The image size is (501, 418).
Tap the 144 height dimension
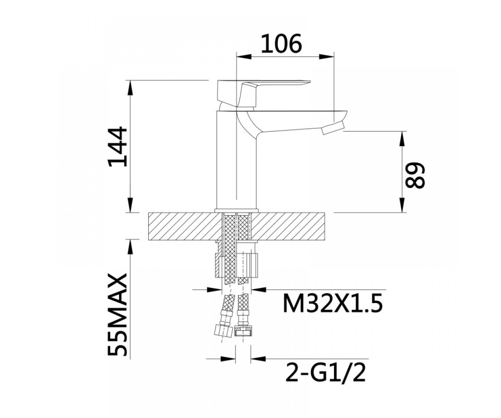click(118, 147)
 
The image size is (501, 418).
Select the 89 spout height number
click(415, 176)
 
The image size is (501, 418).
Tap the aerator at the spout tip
click(333, 128)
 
